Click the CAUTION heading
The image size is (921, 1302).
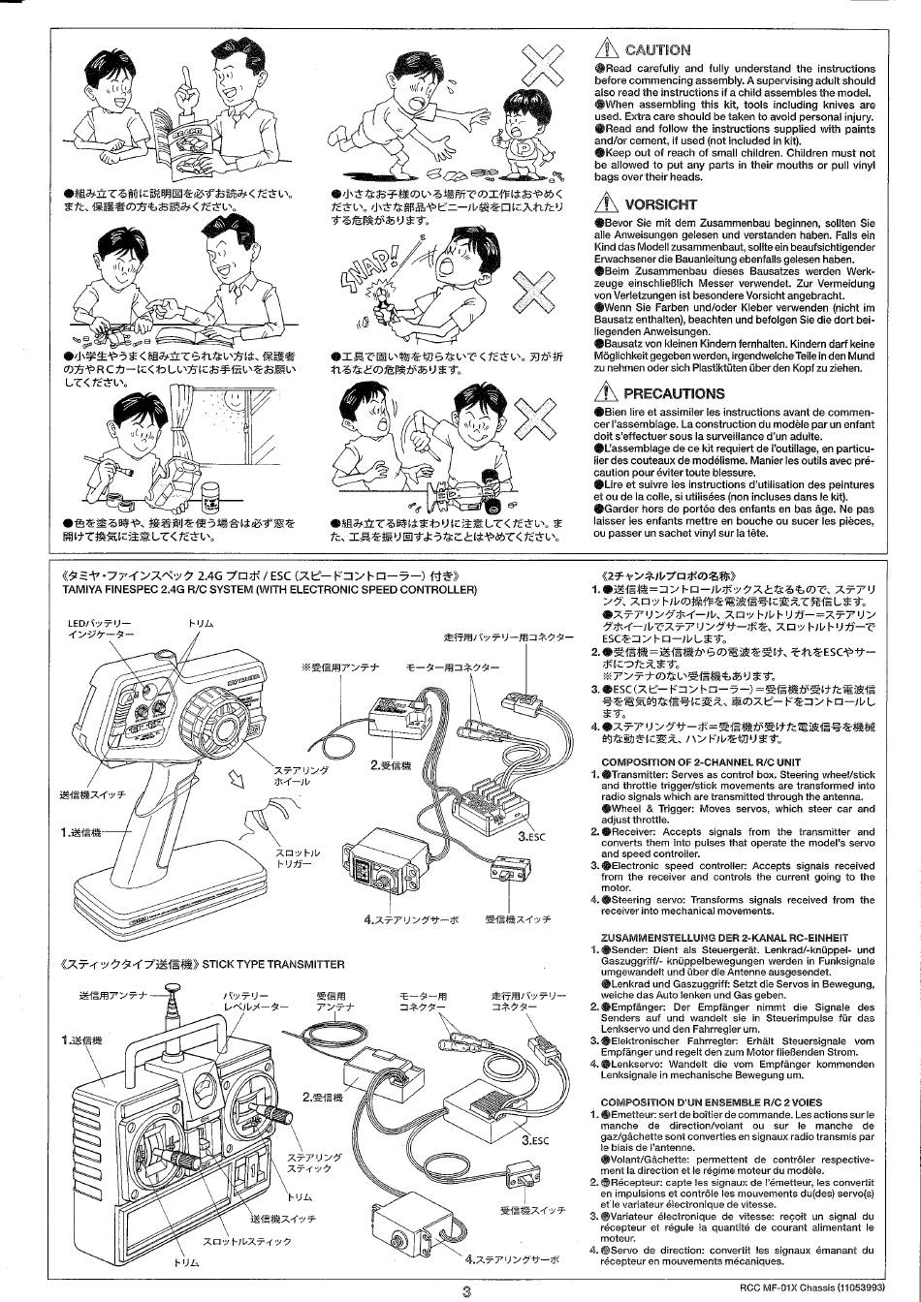[x=658, y=49]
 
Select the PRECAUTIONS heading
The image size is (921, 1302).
[x=674, y=393]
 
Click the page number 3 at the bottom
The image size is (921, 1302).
[x=466, y=1290]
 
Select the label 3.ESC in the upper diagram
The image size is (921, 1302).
[x=534, y=836]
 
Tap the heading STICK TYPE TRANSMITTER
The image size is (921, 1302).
[x=273, y=964]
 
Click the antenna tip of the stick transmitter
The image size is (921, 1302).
[x=174, y=991]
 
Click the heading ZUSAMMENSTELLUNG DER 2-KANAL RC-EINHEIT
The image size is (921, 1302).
[x=723, y=937]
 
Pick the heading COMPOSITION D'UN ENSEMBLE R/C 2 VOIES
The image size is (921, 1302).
[x=711, y=1102]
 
